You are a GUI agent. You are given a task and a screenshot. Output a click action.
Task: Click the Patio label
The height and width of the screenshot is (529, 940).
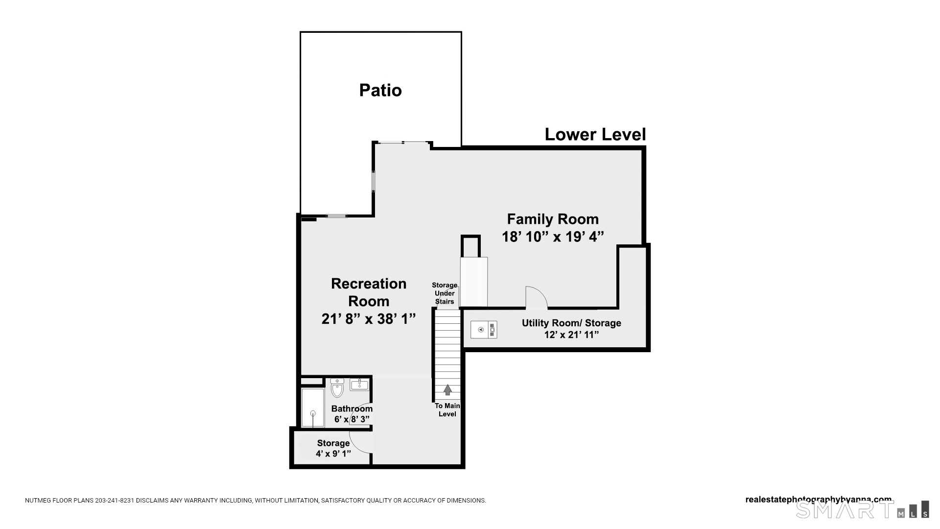pyautogui.click(x=380, y=90)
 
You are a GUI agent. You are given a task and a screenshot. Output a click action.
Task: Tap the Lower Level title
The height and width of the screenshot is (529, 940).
pyautogui.click(x=595, y=134)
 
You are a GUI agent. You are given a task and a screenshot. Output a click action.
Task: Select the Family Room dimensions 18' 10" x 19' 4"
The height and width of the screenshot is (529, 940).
pyautogui.click(x=553, y=237)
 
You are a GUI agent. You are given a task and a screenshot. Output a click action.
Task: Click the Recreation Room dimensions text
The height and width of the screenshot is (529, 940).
pyautogui.click(x=369, y=319)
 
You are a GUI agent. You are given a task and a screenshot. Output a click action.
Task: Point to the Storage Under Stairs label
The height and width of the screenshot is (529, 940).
pyautogui.click(x=445, y=293)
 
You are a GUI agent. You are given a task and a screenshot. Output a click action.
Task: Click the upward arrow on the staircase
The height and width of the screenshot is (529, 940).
pyautogui.click(x=447, y=390)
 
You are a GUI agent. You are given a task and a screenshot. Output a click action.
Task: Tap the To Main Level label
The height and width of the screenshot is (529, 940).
pyautogui.click(x=447, y=410)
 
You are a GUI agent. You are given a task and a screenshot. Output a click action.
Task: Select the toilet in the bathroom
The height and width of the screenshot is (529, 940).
pyautogui.click(x=337, y=387)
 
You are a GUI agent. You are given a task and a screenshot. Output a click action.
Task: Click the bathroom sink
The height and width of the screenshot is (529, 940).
pyautogui.click(x=359, y=384)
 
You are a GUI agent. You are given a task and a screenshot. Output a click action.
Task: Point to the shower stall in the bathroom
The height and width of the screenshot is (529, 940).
pyautogui.click(x=313, y=408)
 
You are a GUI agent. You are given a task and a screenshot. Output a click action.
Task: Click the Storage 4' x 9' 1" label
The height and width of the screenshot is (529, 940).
pyautogui.click(x=333, y=448)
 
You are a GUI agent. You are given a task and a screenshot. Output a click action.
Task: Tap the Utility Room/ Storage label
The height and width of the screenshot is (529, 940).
pyautogui.click(x=571, y=323)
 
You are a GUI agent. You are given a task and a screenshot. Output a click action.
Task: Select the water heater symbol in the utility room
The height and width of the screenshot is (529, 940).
pyautogui.click(x=484, y=330)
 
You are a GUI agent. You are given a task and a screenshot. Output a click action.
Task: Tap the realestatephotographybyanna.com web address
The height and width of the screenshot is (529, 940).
pyautogui.click(x=819, y=500)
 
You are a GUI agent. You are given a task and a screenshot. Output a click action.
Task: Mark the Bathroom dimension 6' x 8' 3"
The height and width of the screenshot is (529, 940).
pyautogui.click(x=352, y=419)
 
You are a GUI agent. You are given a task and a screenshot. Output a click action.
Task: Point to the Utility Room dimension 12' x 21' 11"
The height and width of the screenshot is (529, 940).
pyautogui.click(x=571, y=335)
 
